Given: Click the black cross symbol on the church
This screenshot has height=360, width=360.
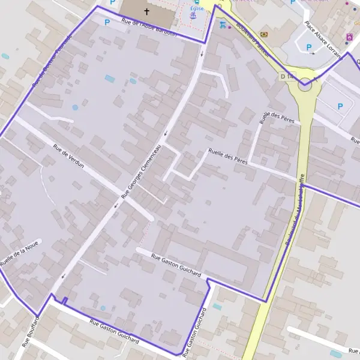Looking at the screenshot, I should [146, 11].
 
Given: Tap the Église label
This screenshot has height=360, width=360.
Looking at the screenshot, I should [197, 9].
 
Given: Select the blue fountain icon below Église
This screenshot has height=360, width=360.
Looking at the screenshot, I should [193, 17].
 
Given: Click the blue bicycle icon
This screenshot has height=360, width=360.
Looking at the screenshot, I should [223, 25].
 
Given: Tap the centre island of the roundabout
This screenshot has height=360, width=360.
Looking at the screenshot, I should [305, 84].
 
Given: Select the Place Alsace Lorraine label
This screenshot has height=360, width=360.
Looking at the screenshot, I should [323, 41].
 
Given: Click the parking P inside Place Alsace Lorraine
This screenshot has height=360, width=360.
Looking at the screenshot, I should [309, 47].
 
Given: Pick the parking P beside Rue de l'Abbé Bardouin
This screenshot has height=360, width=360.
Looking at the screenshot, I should [107, 22].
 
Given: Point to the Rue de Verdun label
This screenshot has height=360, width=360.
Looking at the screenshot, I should [68, 155].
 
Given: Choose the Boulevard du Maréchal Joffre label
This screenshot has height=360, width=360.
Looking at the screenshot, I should [295, 213].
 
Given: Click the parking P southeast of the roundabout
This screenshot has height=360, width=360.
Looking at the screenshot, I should [340, 106].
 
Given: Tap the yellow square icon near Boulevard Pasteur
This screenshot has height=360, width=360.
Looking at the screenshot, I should [264, 35].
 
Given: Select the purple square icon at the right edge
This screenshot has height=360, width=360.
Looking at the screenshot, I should [349, 37].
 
